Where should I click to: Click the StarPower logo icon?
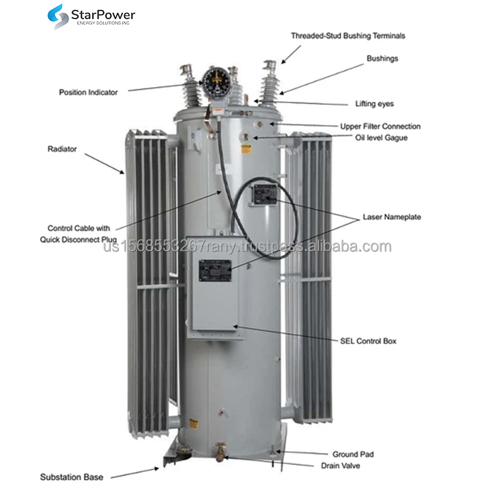click(59, 16)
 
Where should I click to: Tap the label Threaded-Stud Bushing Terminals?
click(348, 36)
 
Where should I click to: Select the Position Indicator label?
click(88, 93)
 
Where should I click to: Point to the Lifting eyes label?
click(374, 104)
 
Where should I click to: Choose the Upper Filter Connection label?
click(380, 127)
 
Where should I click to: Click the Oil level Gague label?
click(381, 138)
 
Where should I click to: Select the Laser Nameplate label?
click(392, 217)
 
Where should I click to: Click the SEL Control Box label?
click(368, 341)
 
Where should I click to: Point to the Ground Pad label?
click(353, 454)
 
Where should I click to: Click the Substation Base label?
click(72, 477)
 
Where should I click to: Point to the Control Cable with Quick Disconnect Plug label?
click(79, 233)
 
